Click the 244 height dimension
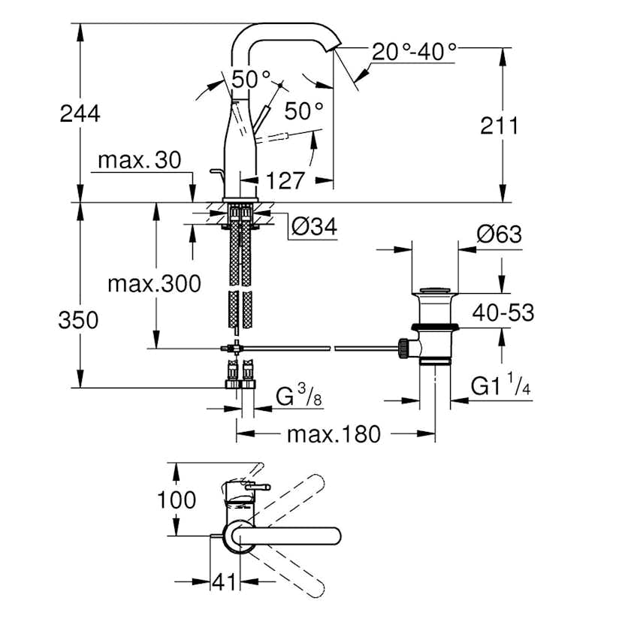point(79,113)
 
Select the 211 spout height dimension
point(499,125)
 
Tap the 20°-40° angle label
point(414,53)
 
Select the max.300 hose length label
point(154,284)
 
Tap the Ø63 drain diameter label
point(498,234)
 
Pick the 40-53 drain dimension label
point(503,312)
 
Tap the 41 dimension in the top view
point(223,581)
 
